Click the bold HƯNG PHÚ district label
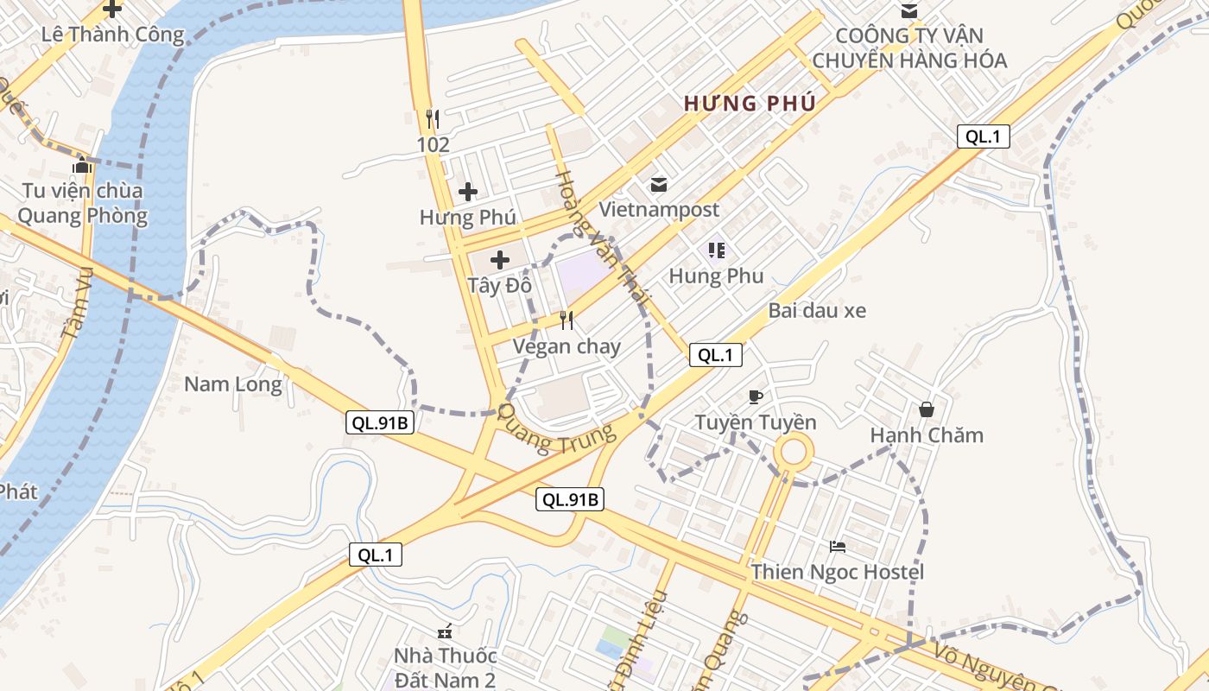pyautogui.click(x=750, y=104)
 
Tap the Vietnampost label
pyautogui.click(x=659, y=209)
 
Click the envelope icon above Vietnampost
pyautogui.click(x=659, y=184)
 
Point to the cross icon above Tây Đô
pyautogui.click(x=499, y=259)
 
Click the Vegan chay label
pyautogui.click(x=567, y=346)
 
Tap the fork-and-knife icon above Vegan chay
pyautogui.click(x=567, y=320)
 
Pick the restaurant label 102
pyautogui.click(x=434, y=144)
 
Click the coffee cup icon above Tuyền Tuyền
pyautogui.click(x=756, y=397)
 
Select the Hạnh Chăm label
pyautogui.click(x=927, y=434)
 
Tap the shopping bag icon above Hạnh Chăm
pyautogui.click(x=927, y=409)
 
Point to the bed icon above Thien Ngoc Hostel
pyautogui.click(x=837, y=547)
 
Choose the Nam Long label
pyautogui.click(x=233, y=384)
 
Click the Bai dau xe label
pyautogui.click(x=817, y=310)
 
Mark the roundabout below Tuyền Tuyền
pyautogui.click(x=793, y=453)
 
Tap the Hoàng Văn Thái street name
pyautogui.click(x=601, y=234)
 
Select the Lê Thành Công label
pyautogui.click(x=113, y=35)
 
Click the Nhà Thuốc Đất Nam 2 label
pyautogui.click(x=445, y=667)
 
